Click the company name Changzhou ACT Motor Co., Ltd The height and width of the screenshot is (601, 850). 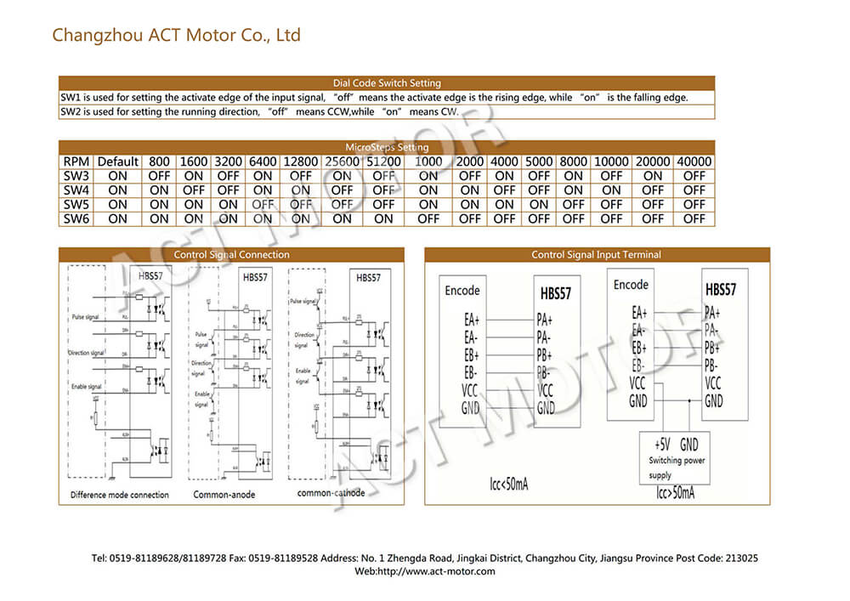[x=176, y=36]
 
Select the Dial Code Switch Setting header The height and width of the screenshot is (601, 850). [x=387, y=83]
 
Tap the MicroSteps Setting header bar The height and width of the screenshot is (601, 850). [x=387, y=147]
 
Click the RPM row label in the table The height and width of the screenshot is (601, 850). [x=76, y=162]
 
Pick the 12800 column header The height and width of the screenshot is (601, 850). [x=301, y=162]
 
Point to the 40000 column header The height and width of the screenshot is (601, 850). [x=694, y=162]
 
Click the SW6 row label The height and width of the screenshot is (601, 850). [x=76, y=218]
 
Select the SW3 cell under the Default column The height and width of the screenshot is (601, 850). [x=117, y=176]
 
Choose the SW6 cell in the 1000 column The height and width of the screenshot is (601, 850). [x=428, y=218]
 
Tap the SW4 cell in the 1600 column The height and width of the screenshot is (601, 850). [x=194, y=190]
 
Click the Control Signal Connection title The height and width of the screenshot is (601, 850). [x=231, y=255]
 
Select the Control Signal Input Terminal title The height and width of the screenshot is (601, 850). [x=596, y=255]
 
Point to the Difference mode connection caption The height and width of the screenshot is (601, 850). [x=119, y=495]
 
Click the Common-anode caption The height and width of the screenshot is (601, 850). [x=224, y=495]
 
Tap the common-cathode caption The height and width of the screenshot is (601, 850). [x=331, y=493]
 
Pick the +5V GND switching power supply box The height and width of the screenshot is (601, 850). [x=677, y=458]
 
